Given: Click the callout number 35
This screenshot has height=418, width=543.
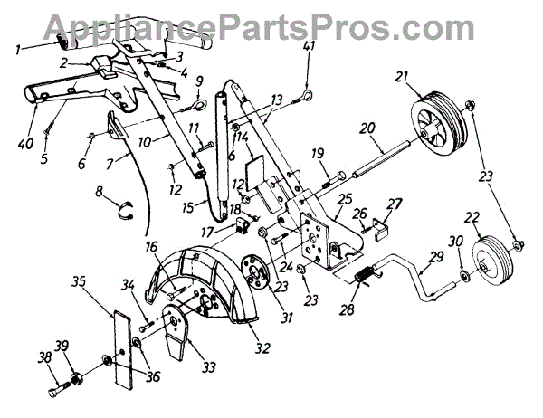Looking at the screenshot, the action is [79, 281].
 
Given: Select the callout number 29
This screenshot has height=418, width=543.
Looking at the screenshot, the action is [439, 259].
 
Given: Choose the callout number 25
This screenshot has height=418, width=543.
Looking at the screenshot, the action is [344, 197].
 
